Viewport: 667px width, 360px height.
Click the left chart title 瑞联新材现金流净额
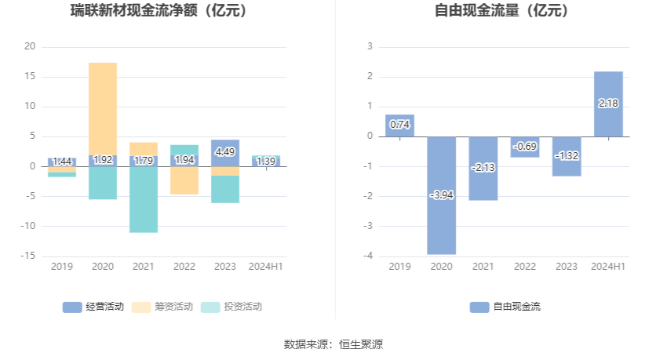coord(169,11)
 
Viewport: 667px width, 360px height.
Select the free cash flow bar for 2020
coord(441,195)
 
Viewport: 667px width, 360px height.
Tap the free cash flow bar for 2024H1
coord(608,104)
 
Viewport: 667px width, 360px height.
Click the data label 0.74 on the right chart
coord(399,124)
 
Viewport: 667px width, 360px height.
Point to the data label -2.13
coord(483,167)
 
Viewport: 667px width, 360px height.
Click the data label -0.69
coord(524,147)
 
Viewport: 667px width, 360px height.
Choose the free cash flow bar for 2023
coord(567,156)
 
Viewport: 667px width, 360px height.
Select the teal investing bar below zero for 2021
coord(144,199)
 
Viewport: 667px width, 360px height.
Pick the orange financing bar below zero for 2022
coord(184,180)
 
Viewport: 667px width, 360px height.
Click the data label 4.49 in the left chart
coord(225,152)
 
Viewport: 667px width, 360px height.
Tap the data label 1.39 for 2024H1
coord(266,162)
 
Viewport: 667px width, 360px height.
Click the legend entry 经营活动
coord(93,307)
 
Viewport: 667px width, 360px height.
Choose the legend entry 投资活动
coord(231,307)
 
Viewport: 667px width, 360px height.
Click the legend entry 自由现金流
coord(505,307)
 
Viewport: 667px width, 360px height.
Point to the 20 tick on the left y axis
coord(30,46)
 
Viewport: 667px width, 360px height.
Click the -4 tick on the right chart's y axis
coord(369,256)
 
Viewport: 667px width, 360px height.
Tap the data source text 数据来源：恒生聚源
coord(333,344)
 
